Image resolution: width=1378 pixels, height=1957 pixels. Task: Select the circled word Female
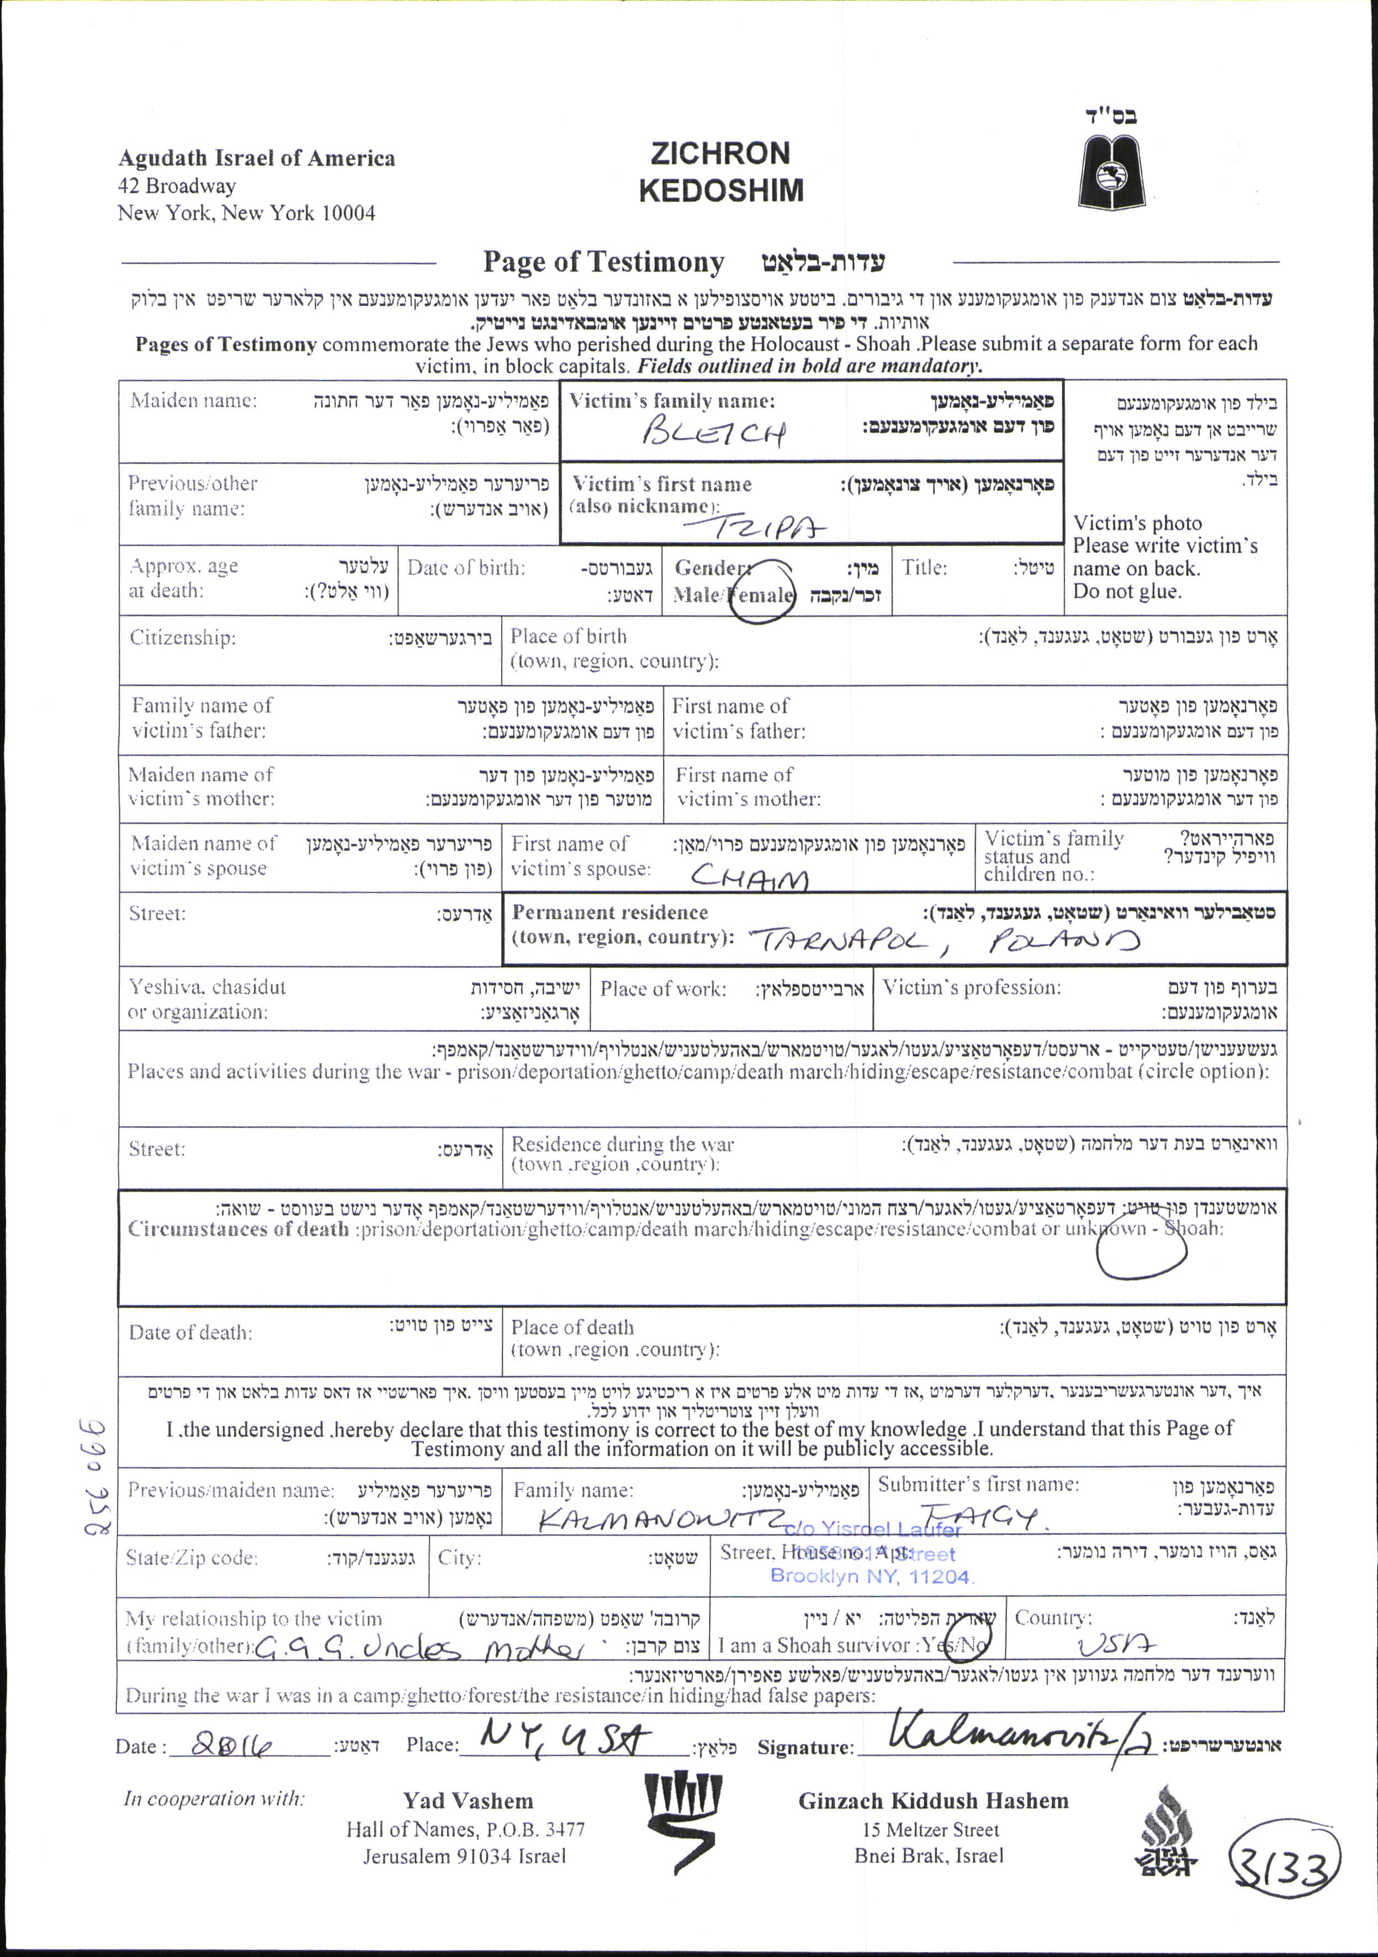pyautogui.click(x=761, y=594)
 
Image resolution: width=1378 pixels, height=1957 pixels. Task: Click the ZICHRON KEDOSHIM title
pyautogui.click(x=721, y=171)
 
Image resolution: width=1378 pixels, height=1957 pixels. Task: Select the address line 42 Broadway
pyautogui.click(x=177, y=186)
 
